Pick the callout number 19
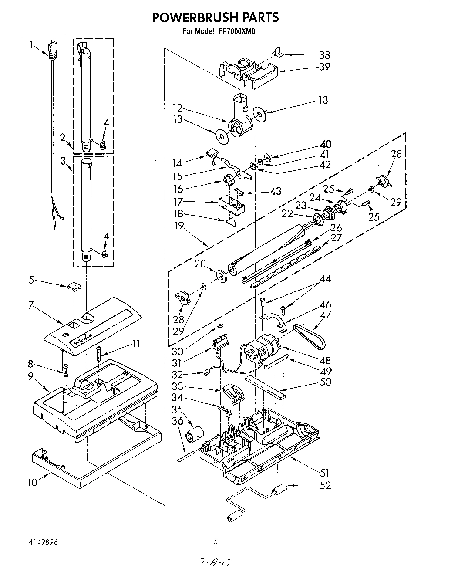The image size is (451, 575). [x=179, y=226]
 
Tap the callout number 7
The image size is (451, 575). [x=30, y=305]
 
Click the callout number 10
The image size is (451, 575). [x=33, y=482]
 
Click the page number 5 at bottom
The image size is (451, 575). [x=215, y=542]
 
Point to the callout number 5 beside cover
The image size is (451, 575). [x=31, y=280]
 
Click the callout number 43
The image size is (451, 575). [x=276, y=191]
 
